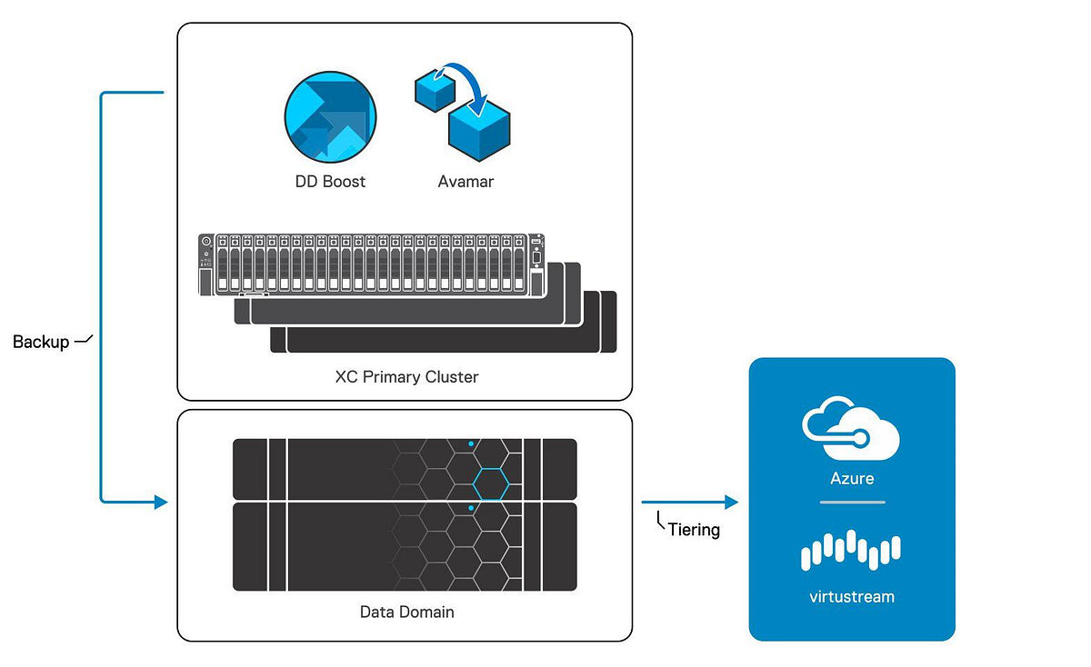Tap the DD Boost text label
coord(330,182)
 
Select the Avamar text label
coord(465,182)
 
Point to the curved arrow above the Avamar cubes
coord(464,77)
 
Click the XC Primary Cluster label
coord(406,376)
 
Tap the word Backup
coord(41,343)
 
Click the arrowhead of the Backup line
coord(162,502)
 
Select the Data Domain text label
coord(406,612)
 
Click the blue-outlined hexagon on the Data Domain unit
coord(491,484)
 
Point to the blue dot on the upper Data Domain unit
coord(470,444)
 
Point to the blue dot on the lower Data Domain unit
coord(470,509)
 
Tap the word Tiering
coord(694,530)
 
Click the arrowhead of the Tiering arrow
coord(731,502)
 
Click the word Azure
coord(852,478)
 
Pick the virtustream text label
coord(852,597)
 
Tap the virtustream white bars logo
coord(851,550)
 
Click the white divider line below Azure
coord(852,502)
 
